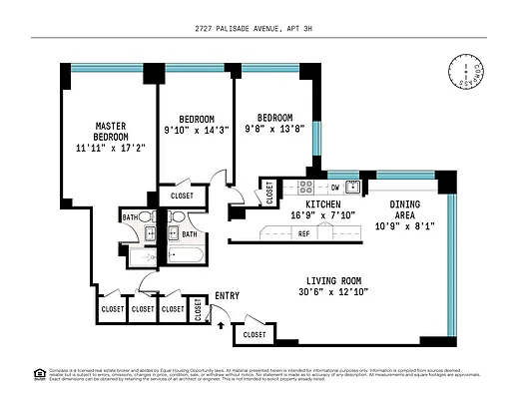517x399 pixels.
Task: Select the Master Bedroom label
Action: (x=110, y=132)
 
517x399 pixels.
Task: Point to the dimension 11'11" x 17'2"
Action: (x=110, y=148)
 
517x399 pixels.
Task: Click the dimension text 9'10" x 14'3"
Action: (x=196, y=130)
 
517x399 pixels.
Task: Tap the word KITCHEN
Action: (x=309, y=203)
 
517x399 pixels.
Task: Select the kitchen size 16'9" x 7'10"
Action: (x=309, y=214)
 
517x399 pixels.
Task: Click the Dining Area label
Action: (x=404, y=209)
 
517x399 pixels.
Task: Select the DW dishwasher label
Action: (x=335, y=187)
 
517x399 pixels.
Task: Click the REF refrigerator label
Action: (x=304, y=233)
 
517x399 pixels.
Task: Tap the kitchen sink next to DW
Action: (x=355, y=187)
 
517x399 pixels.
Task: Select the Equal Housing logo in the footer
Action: (x=40, y=373)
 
